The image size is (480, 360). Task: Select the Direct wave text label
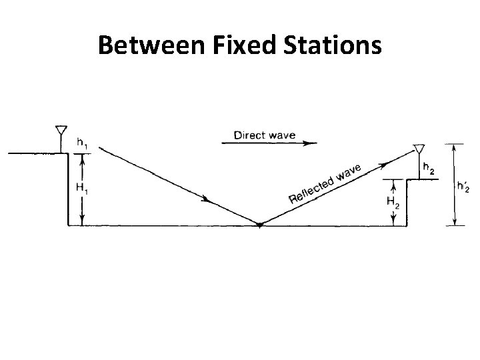pos(264,136)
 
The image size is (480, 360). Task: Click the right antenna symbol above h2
pos(419,148)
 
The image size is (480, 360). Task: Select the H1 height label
pos(81,189)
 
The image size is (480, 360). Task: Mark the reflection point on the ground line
pos(260,225)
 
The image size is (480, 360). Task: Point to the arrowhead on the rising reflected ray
pos(385,161)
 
